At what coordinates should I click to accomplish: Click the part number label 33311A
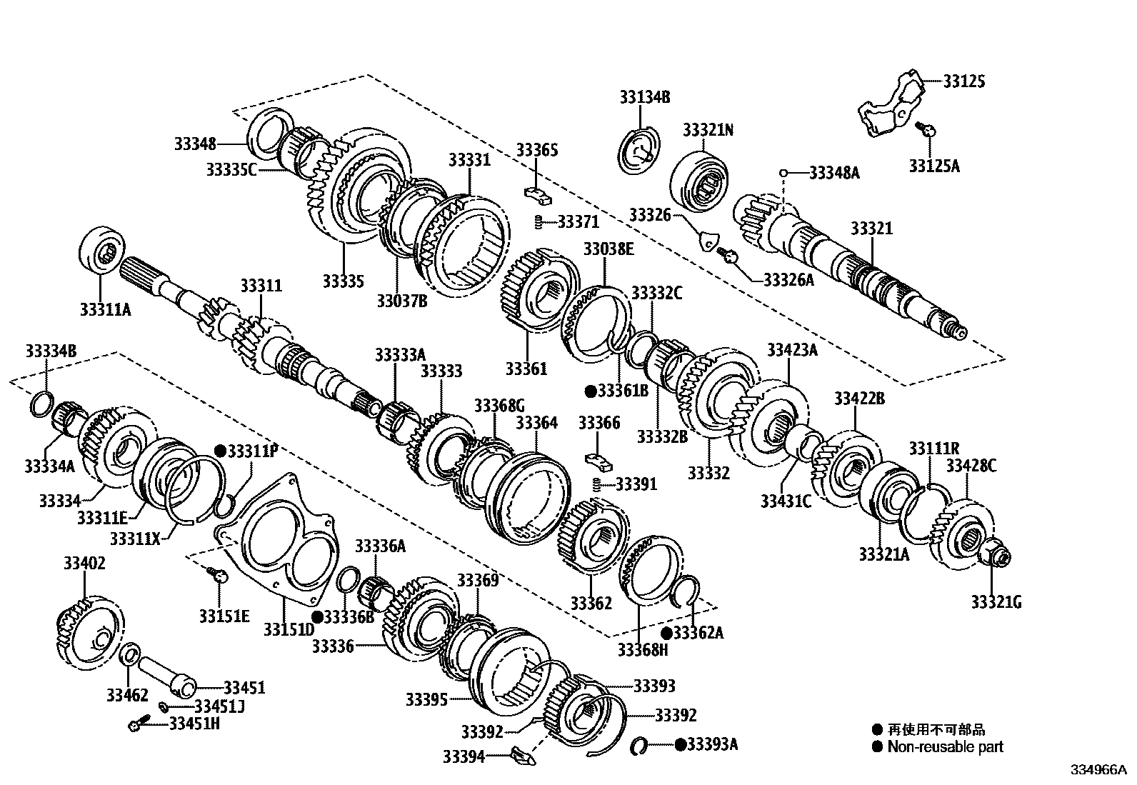[106, 309]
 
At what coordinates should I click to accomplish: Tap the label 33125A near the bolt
[934, 166]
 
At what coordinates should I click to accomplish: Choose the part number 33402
[84, 564]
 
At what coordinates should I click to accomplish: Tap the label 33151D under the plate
[289, 629]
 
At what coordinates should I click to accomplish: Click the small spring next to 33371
[541, 221]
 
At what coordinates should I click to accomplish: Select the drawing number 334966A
[1097, 771]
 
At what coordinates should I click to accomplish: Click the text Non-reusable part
[944, 747]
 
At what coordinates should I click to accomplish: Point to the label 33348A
[834, 172]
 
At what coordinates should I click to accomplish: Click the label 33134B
[645, 97]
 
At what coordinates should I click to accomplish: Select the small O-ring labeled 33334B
[41, 404]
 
